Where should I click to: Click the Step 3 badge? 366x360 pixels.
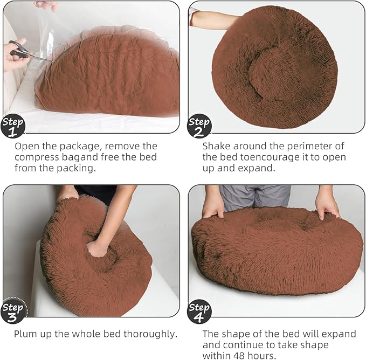[x=13, y=312]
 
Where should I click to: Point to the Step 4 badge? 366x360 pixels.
[x=199, y=312]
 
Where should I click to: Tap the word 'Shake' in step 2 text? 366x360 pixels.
[x=217, y=146]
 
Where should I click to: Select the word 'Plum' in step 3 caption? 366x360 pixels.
[x=26, y=334]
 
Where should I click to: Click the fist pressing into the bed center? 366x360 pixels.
[x=97, y=248]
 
